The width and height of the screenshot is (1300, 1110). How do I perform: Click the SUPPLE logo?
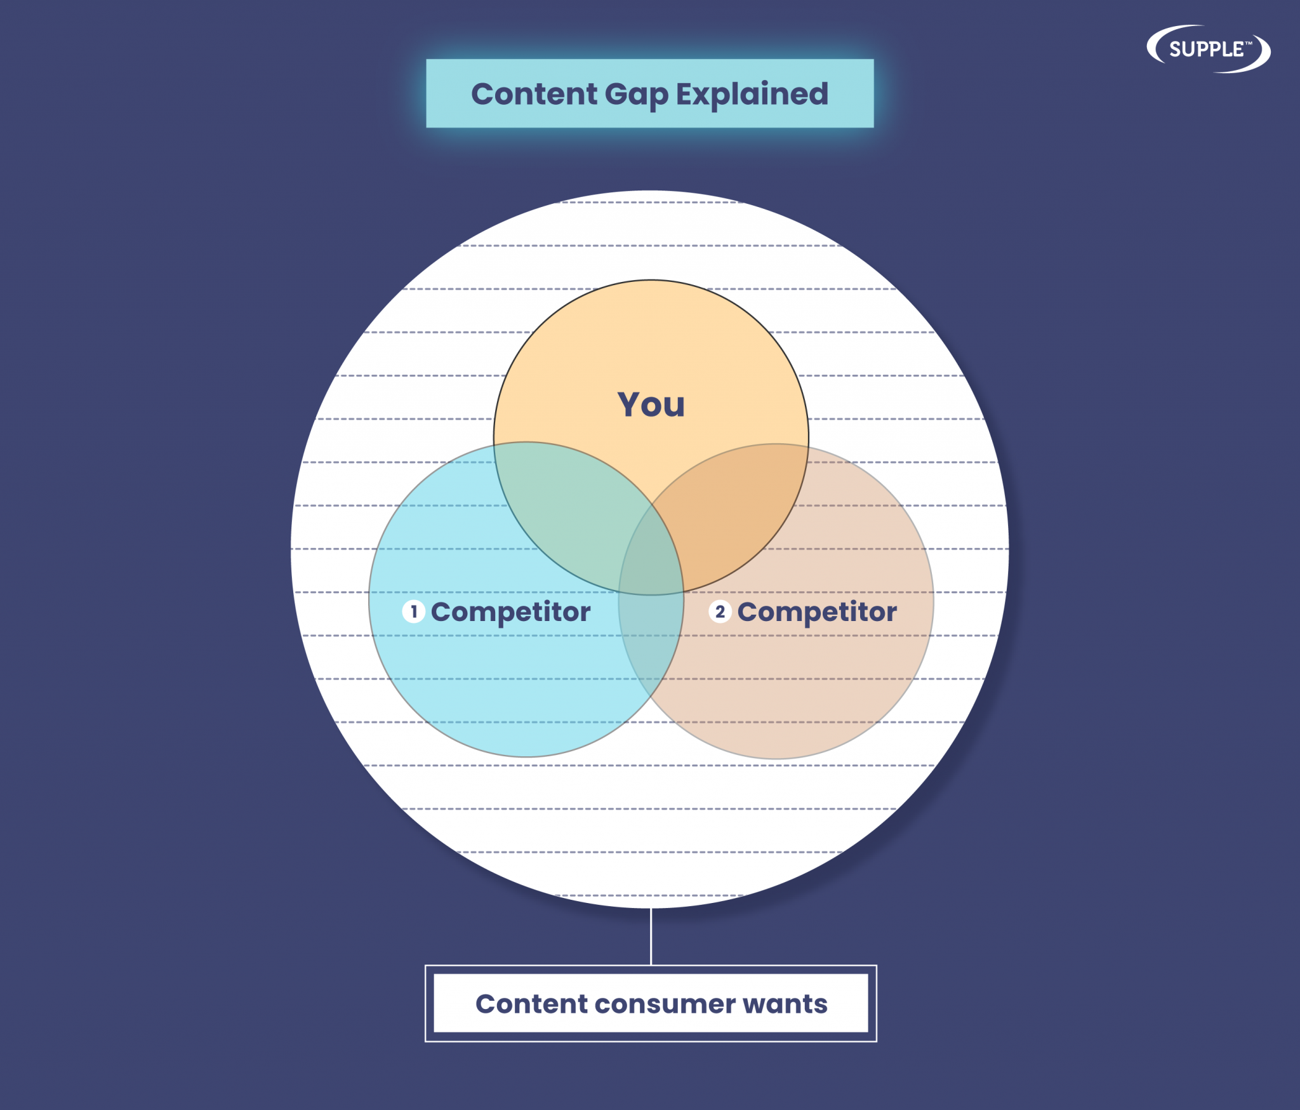coord(1209,49)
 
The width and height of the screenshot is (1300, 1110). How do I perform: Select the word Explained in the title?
coord(752,95)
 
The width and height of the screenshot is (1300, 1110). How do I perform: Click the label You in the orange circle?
coord(651,405)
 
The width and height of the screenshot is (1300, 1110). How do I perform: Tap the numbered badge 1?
coord(414,612)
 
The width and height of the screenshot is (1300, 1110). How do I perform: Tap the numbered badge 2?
coord(720,612)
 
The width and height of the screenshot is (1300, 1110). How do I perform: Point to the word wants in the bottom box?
coord(785,1005)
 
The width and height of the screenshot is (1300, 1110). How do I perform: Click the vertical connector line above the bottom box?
coord(651,937)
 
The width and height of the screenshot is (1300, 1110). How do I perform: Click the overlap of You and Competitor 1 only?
coord(559,495)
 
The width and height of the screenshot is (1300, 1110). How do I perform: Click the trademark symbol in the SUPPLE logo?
coord(1248,43)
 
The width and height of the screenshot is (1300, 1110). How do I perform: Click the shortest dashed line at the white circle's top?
coord(650,202)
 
